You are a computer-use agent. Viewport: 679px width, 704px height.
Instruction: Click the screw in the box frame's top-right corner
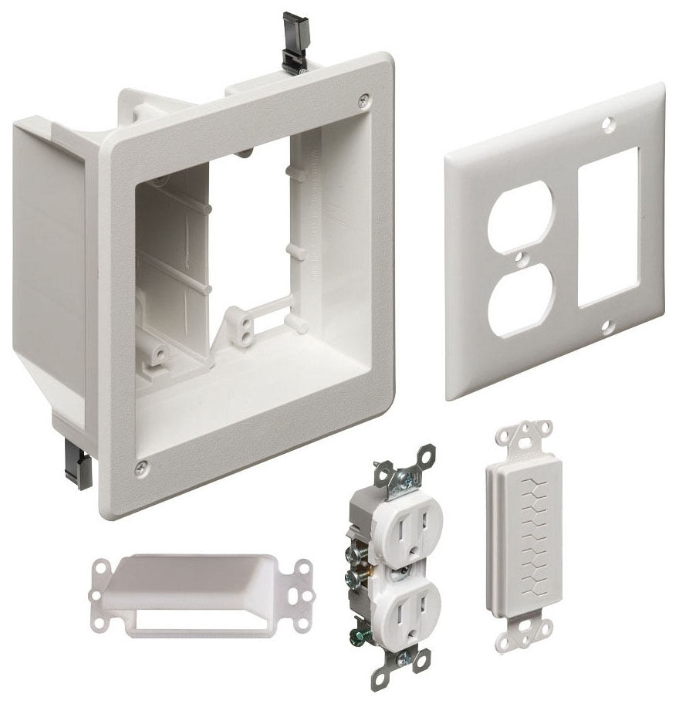click(x=364, y=99)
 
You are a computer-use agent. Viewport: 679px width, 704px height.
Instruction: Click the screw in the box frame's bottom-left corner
click(x=141, y=467)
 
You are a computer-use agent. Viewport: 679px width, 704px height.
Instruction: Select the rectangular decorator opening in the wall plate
click(x=608, y=228)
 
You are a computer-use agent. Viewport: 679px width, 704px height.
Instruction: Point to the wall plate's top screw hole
click(x=610, y=122)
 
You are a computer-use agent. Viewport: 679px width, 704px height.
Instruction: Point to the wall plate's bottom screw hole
click(x=607, y=327)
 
